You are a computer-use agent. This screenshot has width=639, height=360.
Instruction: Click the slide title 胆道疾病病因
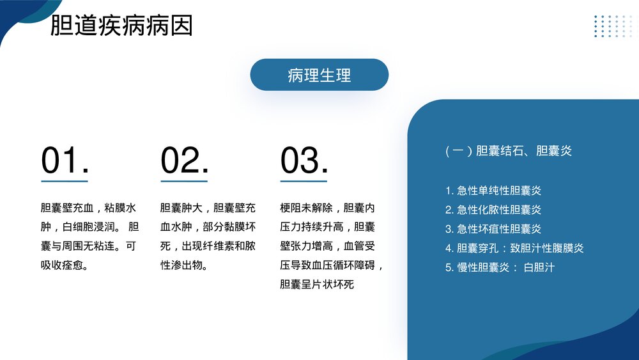click(x=121, y=26)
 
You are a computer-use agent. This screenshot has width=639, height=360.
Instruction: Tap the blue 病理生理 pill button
click(x=319, y=75)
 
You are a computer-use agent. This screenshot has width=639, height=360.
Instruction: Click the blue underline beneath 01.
click(x=65, y=181)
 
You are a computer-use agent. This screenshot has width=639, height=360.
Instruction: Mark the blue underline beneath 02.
click(x=184, y=181)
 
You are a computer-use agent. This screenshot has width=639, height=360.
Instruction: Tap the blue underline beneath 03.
click(x=304, y=181)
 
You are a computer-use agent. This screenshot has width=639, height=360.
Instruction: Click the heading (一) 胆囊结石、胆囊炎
click(x=508, y=151)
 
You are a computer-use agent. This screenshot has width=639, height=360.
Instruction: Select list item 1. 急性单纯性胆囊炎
click(x=493, y=191)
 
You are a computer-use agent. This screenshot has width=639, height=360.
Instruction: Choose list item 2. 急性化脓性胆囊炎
click(x=493, y=210)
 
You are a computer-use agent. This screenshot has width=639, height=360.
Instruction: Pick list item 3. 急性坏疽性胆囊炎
click(x=493, y=229)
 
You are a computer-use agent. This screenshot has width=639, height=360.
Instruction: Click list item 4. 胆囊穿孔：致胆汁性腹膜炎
click(x=514, y=248)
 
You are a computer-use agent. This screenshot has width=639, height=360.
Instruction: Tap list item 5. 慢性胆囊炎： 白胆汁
click(x=500, y=267)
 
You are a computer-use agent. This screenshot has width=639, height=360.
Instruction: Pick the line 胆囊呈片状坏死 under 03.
click(x=317, y=284)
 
